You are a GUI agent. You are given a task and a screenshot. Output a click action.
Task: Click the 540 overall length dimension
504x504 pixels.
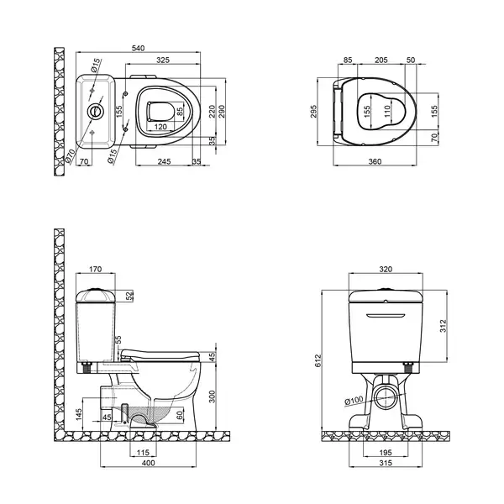pyautogui.click(x=139, y=48)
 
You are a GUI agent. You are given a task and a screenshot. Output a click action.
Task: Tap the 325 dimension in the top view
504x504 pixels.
pyautogui.click(x=163, y=60)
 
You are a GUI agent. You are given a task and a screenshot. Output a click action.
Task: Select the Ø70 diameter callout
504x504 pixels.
pyautogui.click(x=70, y=156)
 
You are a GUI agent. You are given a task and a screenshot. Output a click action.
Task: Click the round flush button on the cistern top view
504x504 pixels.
pyautogui.click(x=96, y=111)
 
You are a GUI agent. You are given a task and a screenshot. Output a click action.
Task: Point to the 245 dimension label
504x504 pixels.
pyautogui.click(x=164, y=161)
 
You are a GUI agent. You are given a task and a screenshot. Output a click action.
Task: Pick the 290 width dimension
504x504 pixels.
pyautogui.click(x=222, y=112)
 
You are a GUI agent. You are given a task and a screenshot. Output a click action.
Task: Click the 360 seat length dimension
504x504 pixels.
pyautogui.click(x=375, y=161)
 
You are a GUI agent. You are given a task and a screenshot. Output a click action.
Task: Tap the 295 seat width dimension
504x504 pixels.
pyautogui.click(x=313, y=112)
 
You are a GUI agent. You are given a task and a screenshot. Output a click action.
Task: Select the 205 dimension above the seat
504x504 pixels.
pyautogui.click(x=381, y=60)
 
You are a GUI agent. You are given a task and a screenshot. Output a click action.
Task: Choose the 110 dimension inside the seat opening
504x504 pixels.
pyautogui.click(x=387, y=111)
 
